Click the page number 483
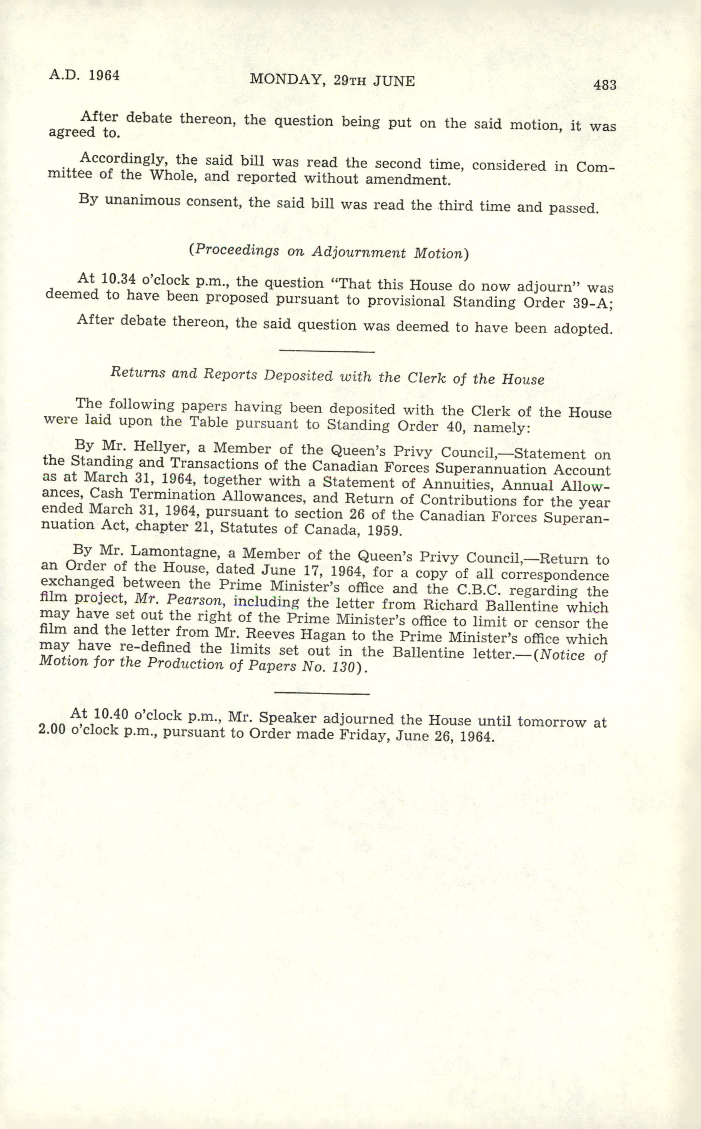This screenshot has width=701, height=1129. (x=604, y=85)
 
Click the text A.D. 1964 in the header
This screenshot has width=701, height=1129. (x=84, y=75)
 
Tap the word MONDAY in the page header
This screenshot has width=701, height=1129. (x=285, y=80)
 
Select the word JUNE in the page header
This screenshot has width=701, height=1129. (x=394, y=81)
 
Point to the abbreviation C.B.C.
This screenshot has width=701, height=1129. (x=480, y=590)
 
